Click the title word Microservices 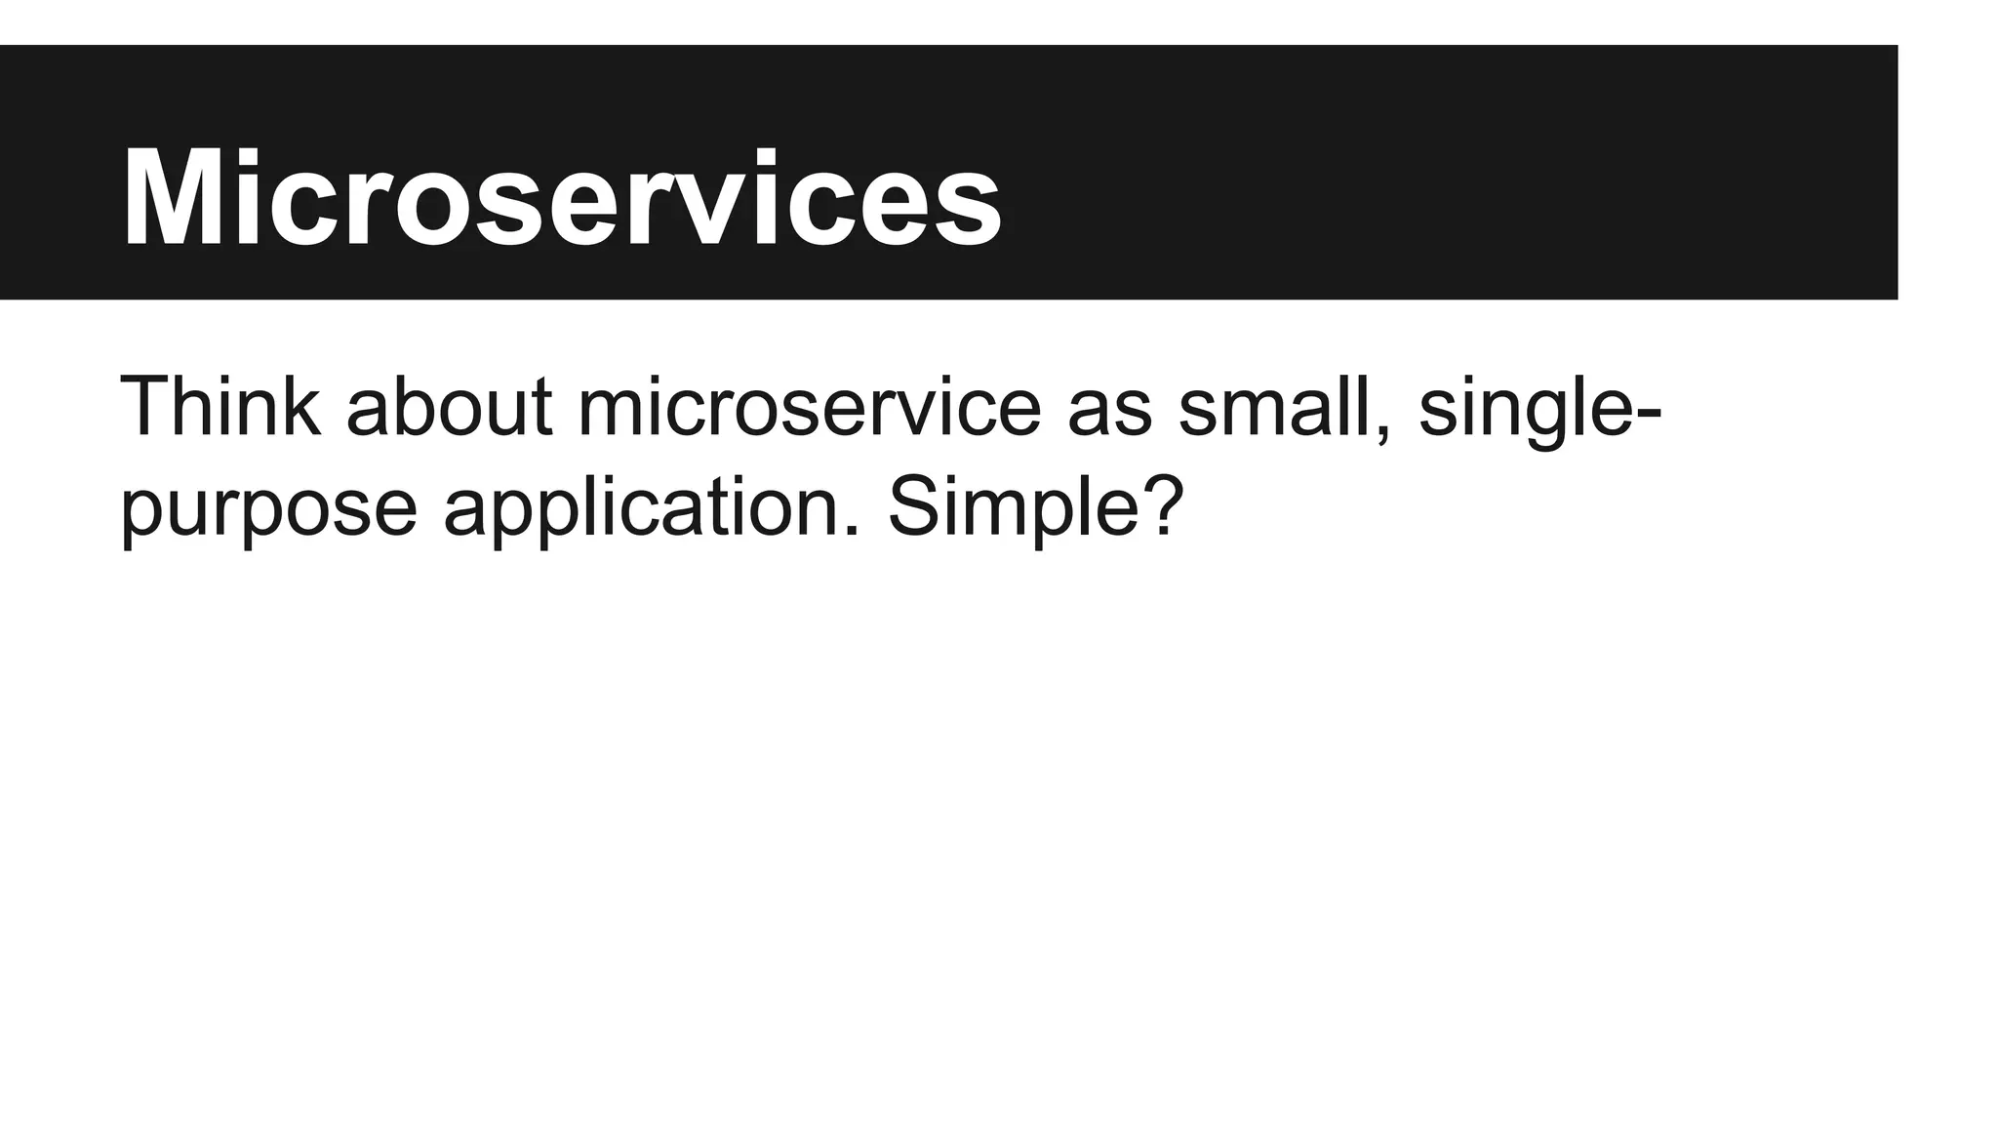(x=561, y=199)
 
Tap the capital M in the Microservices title (x=175, y=199)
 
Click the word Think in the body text (x=220, y=407)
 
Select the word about (x=449, y=407)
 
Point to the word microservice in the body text (x=810, y=407)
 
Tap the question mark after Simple (x=1162, y=504)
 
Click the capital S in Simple (x=915, y=505)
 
